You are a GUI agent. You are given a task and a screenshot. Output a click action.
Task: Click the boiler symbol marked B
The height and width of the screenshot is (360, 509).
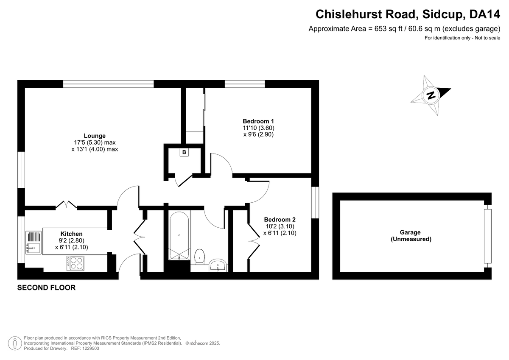point(184,152)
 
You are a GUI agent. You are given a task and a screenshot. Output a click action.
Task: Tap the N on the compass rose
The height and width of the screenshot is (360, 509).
point(431,95)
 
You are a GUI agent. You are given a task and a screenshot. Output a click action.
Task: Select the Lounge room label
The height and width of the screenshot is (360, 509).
point(95,136)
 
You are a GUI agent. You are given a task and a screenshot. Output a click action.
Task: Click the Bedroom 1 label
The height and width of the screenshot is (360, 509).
point(258,121)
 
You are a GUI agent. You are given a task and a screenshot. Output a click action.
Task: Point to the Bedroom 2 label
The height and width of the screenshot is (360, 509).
point(280,220)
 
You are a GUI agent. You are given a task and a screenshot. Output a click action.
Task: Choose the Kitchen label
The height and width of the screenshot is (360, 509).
point(71,234)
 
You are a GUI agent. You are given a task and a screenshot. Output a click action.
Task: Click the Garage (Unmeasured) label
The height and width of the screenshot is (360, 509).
point(411,235)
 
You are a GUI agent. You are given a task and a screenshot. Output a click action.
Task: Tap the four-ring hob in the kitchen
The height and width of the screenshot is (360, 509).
point(76,263)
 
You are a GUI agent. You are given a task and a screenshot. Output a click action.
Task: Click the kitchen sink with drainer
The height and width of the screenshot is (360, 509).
point(34,243)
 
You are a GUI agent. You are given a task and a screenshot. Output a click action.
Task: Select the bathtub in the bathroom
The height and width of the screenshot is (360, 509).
point(179,235)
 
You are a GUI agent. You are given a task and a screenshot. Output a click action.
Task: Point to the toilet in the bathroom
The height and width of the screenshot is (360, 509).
point(200,257)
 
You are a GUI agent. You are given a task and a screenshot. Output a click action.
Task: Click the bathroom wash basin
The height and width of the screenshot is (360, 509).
point(218,265)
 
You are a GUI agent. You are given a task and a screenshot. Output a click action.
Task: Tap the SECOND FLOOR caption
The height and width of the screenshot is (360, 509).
point(46,288)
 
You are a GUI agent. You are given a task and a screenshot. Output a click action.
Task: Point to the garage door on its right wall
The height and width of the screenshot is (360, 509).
point(488,236)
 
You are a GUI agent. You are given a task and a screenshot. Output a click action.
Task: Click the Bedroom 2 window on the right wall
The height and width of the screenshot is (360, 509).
point(315,203)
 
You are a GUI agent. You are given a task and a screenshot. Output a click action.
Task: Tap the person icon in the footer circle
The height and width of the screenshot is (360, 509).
point(15,343)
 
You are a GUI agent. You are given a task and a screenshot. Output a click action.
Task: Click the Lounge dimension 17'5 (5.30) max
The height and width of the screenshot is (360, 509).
point(95,142)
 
